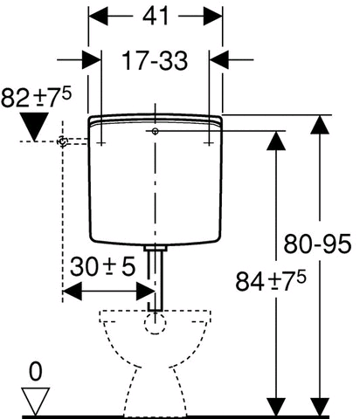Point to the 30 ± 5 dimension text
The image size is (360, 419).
tap(103, 267)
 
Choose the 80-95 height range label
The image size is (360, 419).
tap(321, 237)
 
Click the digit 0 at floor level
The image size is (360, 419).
tap(35, 372)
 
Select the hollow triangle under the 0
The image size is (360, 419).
tap(35, 401)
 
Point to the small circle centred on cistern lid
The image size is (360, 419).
tap(155, 131)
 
